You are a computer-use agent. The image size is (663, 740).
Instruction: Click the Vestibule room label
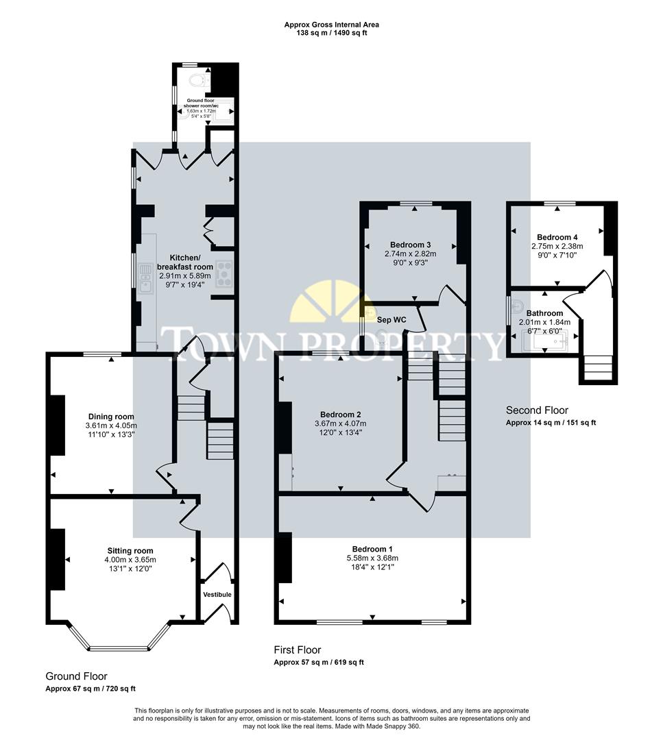[x=217, y=594]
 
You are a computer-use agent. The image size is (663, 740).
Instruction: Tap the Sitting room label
[x=130, y=550]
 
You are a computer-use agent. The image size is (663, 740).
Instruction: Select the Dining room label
[x=111, y=417]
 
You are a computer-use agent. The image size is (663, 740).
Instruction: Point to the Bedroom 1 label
[x=372, y=549]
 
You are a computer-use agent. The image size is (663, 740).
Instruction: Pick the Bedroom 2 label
[x=341, y=414]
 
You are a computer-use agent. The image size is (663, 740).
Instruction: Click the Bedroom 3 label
[x=410, y=245]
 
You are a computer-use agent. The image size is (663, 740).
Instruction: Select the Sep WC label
[x=392, y=319]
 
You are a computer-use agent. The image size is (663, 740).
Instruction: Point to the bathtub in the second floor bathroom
[x=546, y=340]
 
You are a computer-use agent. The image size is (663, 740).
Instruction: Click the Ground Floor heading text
[x=76, y=676]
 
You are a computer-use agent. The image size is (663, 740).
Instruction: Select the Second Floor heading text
[x=537, y=410]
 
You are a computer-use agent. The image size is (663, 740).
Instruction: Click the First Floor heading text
[x=297, y=650]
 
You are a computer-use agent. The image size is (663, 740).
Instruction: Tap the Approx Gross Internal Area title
[x=331, y=25]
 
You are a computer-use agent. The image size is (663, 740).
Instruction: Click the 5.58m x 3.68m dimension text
[x=372, y=558]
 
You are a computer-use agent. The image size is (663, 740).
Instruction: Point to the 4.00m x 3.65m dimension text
[x=130, y=559]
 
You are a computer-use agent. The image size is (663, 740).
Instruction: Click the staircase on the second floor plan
[x=597, y=368]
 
